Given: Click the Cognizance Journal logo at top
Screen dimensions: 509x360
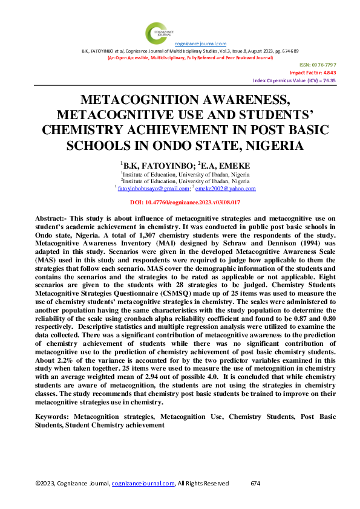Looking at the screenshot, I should click(x=159, y=31).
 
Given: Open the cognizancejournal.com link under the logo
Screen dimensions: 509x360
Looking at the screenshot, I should click(x=200, y=44).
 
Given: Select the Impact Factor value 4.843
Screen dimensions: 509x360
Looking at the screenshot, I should click(x=327, y=73).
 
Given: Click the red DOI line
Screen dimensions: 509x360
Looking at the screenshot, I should click(x=186, y=203).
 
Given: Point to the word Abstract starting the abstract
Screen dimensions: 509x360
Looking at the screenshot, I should click(x=52, y=216).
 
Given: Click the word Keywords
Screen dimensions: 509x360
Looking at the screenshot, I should click(x=51, y=417).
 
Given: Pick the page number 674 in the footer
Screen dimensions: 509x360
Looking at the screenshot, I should click(x=255, y=483).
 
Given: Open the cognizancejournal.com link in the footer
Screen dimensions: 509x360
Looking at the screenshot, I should click(x=143, y=483).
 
